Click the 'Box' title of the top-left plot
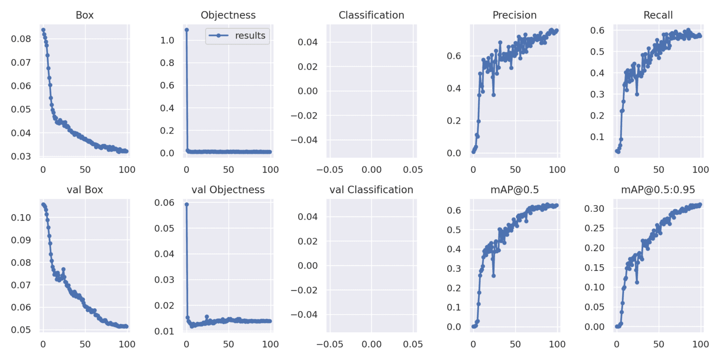coord(85,15)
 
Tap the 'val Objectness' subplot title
coord(228,189)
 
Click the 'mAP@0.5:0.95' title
coord(658,189)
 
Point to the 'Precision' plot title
coord(514,15)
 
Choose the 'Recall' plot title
coord(658,15)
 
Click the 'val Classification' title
coord(371,189)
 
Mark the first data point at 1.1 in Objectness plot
coord(187,30)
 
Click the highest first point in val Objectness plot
coord(187,204)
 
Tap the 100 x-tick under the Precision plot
coord(557,169)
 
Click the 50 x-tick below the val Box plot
coord(85,344)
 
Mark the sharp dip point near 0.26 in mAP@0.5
coord(493,276)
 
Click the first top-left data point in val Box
coord(43,204)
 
